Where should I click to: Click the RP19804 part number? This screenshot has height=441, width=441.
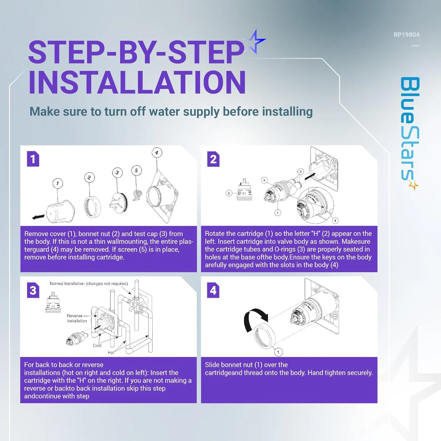[x=406, y=35]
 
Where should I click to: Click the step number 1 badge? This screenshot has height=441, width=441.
[x=33, y=159]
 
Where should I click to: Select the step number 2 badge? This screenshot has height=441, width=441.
[x=213, y=159]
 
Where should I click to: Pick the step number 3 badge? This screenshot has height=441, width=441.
[x=33, y=290]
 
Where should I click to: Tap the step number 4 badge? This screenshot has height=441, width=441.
[x=213, y=290]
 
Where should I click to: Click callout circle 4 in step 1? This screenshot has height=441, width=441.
[x=157, y=153]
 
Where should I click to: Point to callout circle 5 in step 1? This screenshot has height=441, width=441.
[x=136, y=171]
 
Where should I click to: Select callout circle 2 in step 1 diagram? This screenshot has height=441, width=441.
[x=89, y=177]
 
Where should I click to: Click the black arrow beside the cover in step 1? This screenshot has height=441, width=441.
[x=38, y=217]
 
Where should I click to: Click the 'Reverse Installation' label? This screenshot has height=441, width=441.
[x=77, y=318]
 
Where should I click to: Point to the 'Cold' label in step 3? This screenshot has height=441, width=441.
[x=97, y=345]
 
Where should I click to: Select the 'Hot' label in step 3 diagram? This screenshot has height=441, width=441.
[x=111, y=353]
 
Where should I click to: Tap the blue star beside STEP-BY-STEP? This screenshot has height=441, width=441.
[x=255, y=41]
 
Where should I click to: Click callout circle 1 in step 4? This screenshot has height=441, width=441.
[x=278, y=352]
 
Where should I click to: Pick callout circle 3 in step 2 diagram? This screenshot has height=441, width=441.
[x=300, y=171]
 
